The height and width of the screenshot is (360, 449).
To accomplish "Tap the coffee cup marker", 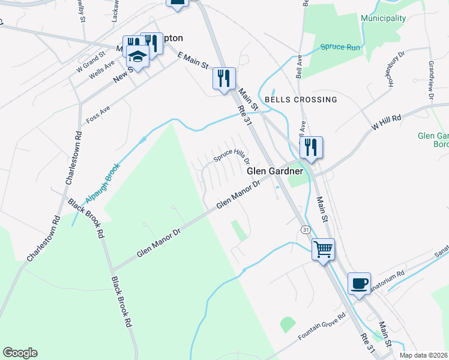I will (359, 283).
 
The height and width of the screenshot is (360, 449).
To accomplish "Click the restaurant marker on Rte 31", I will (224, 78).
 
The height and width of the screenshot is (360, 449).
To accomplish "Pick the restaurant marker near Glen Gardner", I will (311, 147).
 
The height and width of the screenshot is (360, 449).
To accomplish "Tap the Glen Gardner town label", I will (274, 172).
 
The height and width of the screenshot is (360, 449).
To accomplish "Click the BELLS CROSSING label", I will (301, 99).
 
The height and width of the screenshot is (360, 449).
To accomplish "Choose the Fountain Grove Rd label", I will (322, 326).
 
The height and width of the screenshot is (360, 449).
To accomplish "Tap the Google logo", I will (20, 353).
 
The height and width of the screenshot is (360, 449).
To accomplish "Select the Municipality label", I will (384, 18).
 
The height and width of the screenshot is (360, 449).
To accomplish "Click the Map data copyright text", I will (423, 355).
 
